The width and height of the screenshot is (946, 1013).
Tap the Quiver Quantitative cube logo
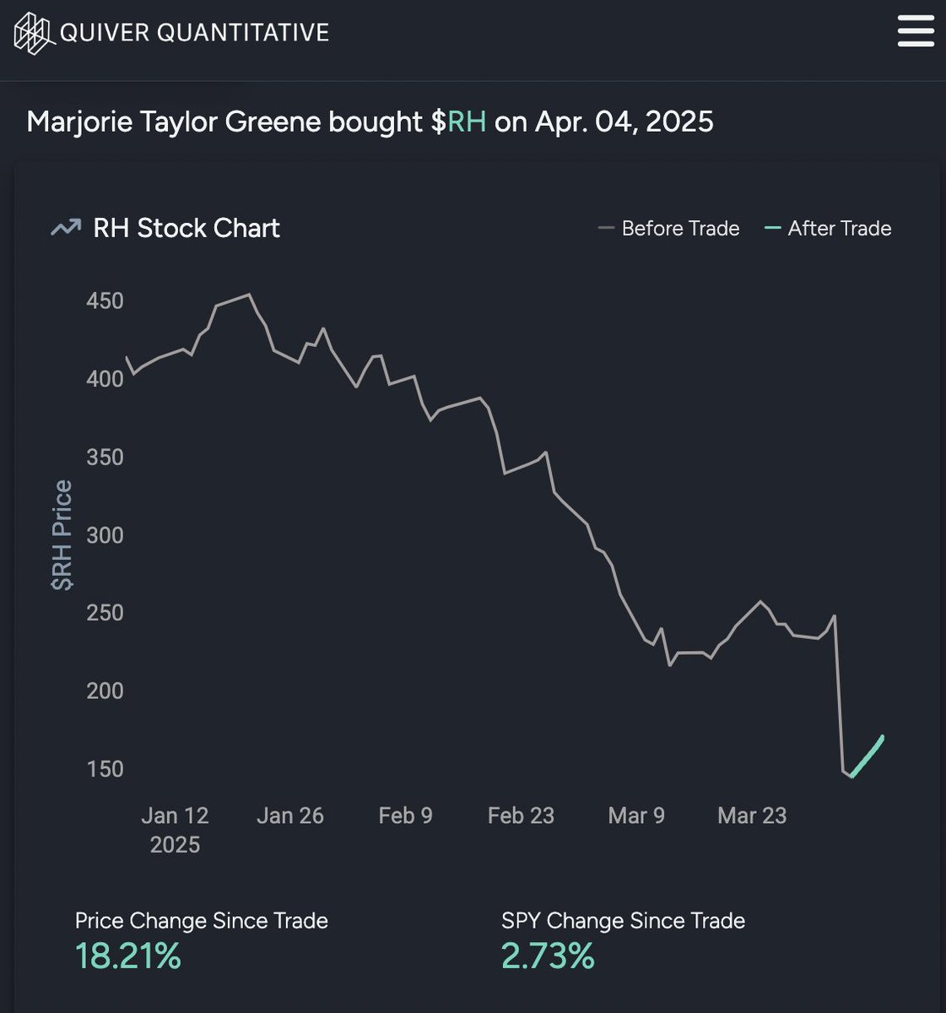pyautogui.click(x=33, y=33)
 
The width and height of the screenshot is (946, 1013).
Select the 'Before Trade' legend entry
pyautogui.click(x=668, y=229)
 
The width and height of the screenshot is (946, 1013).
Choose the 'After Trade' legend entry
pyautogui.click(x=828, y=229)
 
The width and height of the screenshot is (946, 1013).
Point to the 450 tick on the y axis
pyautogui.click(x=105, y=301)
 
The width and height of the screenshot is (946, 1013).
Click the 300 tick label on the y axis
pyautogui.click(x=105, y=535)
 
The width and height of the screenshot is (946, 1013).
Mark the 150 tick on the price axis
pyautogui.click(x=105, y=769)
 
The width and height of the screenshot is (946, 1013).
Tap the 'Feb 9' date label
pyautogui.click(x=405, y=815)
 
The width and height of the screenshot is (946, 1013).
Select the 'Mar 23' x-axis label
pyautogui.click(x=751, y=815)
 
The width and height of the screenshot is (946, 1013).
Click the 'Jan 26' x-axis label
pyautogui.click(x=290, y=815)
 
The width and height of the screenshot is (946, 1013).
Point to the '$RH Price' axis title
pyautogui.click(x=62, y=535)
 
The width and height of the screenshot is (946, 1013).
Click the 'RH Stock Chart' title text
pyautogui.click(x=186, y=228)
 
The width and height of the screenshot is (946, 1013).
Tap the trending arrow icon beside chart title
pyautogui.click(x=66, y=228)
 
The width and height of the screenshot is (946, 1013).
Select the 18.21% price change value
pyautogui.click(x=128, y=956)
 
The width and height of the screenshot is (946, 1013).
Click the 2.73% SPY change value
pyautogui.click(x=548, y=956)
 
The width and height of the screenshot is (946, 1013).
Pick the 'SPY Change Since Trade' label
pyautogui.click(x=623, y=920)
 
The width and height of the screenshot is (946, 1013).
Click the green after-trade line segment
pyautogui.click(x=868, y=756)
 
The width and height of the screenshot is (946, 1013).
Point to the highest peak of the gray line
pyautogui.click(x=249, y=295)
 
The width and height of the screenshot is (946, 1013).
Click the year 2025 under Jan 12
pyautogui.click(x=175, y=845)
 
